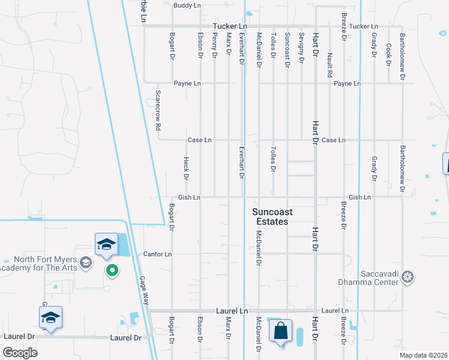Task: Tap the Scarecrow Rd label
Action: click(x=158, y=111)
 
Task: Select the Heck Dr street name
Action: click(x=186, y=169)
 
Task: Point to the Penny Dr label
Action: click(x=214, y=46)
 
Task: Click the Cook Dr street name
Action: click(x=389, y=54)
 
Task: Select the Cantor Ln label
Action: click(x=157, y=254)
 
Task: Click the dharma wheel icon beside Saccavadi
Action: click(x=408, y=277)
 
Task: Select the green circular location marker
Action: click(x=112, y=271)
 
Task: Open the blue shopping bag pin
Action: click(x=280, y=332)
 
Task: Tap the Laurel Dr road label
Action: click(x=125, y=338)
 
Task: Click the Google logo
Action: click(x=20, y=352)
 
